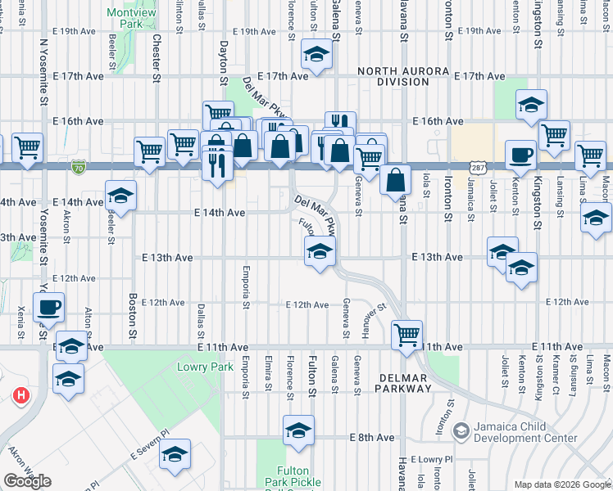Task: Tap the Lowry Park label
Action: [199, 367]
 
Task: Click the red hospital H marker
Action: [21, 396]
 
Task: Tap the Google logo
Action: [27, 481]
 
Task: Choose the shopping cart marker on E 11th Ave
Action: [407, 334]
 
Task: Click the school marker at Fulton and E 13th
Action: [320, 251]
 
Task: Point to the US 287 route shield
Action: [475, 167]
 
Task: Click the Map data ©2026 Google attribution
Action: [561, 484]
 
